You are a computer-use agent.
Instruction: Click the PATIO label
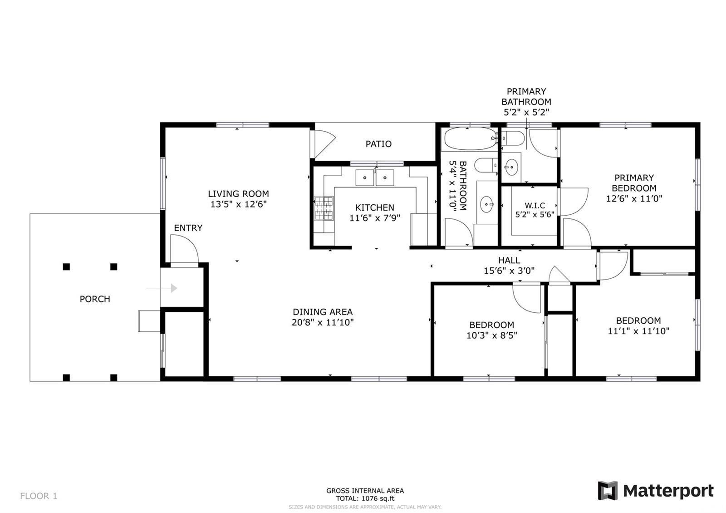tap(378, 144)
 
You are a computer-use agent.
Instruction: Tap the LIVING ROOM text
tap(238, 194)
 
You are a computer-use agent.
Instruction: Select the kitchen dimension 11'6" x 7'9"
tap(375, 218)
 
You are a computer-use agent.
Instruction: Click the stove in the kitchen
tap(324, 208)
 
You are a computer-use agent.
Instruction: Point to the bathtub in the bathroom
tap(471, 138)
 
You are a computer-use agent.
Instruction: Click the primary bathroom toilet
tap(513, 138)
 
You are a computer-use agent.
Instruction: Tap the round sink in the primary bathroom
tap(511, 168)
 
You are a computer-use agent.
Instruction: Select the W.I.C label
tap(535, 206)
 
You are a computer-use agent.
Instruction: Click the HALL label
tap(509, 261)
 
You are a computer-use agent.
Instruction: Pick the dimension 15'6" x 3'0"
tap(509, 271)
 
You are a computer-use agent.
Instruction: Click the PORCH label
tap(95, 299)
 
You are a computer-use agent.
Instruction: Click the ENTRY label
tap(188, 228)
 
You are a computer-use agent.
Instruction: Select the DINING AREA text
tap(323, 312)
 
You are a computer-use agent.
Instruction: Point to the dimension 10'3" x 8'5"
tap(492, 335)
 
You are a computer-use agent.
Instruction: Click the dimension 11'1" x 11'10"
tap(638, 331)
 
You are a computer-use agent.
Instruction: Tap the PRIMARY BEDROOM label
tap(634, 183)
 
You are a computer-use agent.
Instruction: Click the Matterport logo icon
tap(608, 491)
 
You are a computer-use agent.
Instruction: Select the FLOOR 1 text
tap(39, 496)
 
